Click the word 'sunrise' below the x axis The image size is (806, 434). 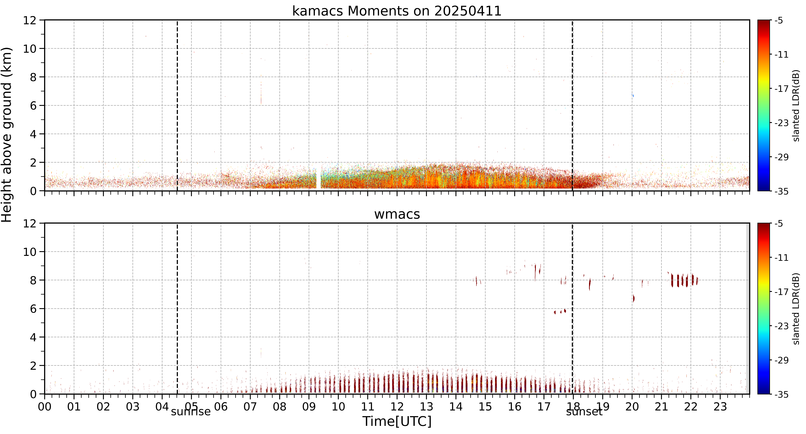pos(191,411)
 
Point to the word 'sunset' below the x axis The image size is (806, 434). pos(584,411)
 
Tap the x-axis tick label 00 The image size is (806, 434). pos(45,407)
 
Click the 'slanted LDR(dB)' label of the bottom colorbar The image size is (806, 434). pos(796,309)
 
